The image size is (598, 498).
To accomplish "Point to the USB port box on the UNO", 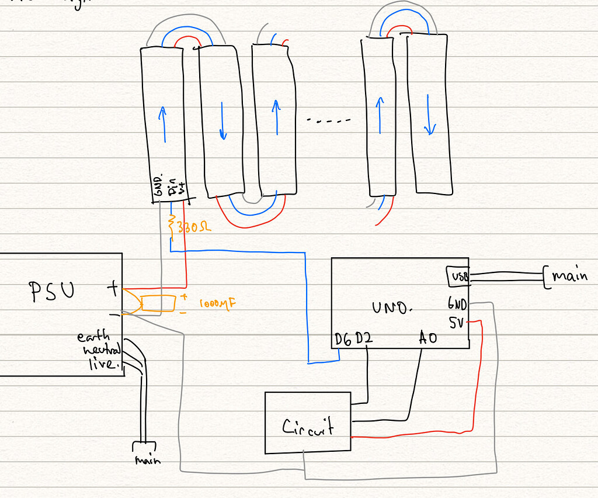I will point(458,276).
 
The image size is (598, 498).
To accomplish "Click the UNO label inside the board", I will point(392,306).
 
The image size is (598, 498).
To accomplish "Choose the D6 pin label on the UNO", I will point(343,340).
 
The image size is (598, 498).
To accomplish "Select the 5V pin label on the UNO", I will point(457,322).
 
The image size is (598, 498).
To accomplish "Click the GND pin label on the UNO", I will point(458,304).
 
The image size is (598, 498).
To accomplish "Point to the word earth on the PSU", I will point(93,337).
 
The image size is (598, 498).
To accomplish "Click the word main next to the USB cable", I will point(569,275).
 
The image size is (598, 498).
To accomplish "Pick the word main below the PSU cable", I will point(147,460).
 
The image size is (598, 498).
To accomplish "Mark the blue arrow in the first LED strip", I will point(163,123).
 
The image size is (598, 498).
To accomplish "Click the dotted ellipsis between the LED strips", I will point(329,121).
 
